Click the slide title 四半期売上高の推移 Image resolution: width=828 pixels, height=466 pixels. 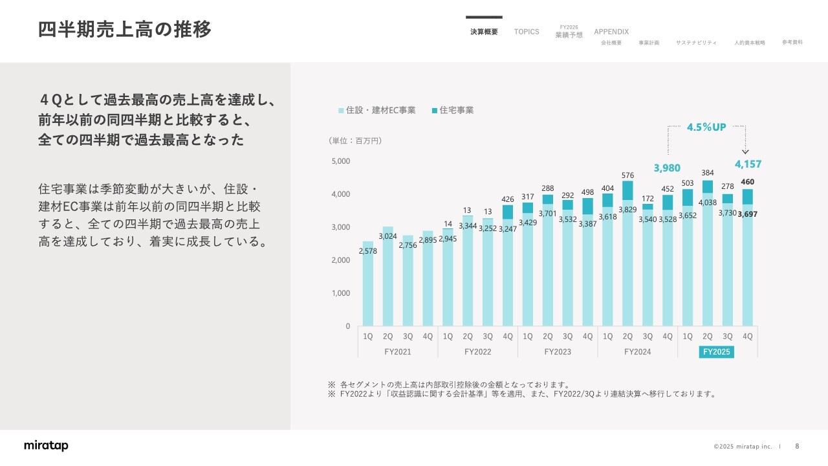[125, 30]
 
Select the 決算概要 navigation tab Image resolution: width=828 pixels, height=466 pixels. [484, 32]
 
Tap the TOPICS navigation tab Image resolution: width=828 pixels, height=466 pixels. [527, 32]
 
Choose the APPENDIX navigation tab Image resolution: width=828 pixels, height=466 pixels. [611, 32]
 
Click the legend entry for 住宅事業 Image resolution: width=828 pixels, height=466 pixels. [453, 111]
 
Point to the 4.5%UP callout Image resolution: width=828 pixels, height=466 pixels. [706, 127]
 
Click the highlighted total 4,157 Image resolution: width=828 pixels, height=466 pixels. [748, 164]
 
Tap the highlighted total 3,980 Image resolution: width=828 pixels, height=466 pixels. [667, 168]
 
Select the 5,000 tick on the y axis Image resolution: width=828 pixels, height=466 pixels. [341, 161]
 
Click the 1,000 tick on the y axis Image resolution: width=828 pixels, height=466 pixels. [341, 293]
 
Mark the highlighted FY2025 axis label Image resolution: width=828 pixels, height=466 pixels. [716, 352]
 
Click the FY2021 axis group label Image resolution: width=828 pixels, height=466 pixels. [397, 352]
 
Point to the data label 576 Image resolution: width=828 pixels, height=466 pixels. [627, 175]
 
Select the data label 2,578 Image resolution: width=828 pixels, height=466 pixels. [367, 251]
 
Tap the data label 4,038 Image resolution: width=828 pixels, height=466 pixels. [707, 203]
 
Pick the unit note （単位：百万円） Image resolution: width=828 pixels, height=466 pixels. [356, 140]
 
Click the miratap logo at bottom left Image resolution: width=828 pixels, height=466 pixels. [46, 446]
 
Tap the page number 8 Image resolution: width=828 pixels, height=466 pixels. [797, 446]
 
